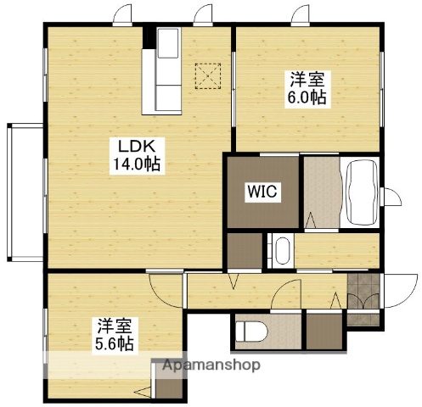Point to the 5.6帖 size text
[x=113, y=343]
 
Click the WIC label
[x=262, y=192]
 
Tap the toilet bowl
[x=251, y=332]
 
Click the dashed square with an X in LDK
[x=207, y=76]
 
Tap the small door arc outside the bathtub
[x=393, y=198]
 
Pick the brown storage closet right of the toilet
[x=321, y=332]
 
